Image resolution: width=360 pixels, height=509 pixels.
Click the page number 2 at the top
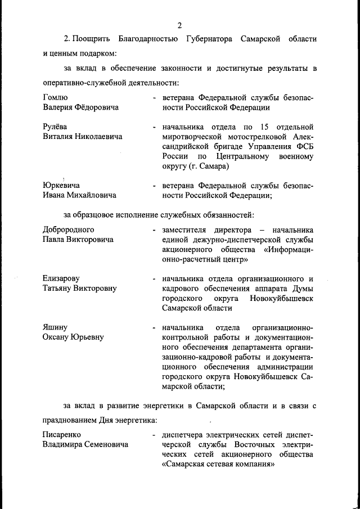[x=179, y=25]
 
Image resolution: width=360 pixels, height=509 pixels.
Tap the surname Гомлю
[x=55, y=97]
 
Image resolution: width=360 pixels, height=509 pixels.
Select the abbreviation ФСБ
[x=304, y=146]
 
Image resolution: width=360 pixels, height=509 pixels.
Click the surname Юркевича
[x=61, y=186]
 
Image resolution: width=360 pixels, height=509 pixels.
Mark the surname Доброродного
[x=69, y=229]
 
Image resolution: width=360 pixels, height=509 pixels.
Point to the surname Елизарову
[x=61, y=278]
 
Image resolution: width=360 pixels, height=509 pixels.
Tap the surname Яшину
[x=55, y=327]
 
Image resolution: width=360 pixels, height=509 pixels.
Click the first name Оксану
[x=58, y=337]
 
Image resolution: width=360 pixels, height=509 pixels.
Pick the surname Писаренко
[x=62, y=435]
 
